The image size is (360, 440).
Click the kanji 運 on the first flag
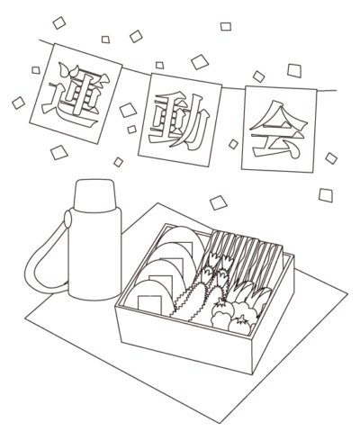pos(75,94)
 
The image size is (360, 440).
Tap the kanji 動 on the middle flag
pos(179,121)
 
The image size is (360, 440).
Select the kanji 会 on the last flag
pos(279,130)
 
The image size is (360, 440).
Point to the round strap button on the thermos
pos(67,219)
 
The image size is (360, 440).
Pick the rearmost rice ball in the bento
pos(183,238)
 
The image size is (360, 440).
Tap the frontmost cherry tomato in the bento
pos(239,326)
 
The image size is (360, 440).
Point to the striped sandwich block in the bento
pos(245,258)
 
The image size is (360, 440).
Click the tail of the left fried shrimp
pos(214,258)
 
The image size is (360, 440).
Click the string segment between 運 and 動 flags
pos(136,72)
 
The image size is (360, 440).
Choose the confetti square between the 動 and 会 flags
pos(233,144)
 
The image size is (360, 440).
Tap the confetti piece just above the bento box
pos(219,202)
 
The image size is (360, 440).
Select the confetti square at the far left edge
pos(18,103)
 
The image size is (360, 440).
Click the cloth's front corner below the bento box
pos(220,423)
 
